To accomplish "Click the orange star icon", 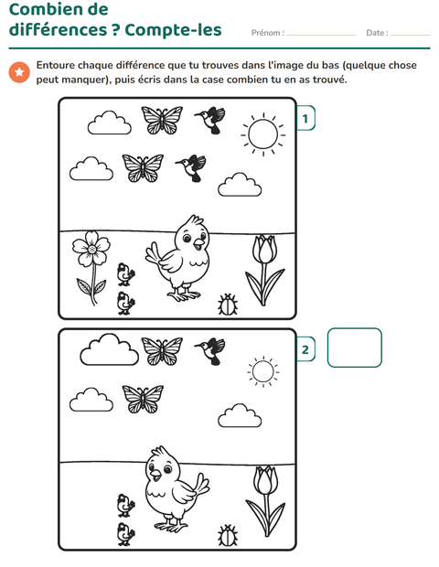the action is (19, 72).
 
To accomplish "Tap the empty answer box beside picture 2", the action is (354, 348).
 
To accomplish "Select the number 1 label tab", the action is (305, 118).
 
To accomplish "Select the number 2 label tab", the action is (305, 349).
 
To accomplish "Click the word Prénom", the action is (266, 33).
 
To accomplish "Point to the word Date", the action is (375, 33).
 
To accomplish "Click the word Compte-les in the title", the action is (173, 29).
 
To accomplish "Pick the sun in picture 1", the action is (263, 134).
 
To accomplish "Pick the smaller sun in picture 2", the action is (262, 371).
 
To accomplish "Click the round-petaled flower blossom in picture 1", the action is (91, 249).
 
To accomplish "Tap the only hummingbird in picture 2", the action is (210, 351).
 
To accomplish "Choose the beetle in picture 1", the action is (228, 305).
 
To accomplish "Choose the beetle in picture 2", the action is (228, 536).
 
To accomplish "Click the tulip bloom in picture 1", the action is (265, 249).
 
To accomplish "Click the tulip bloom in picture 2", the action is (266, 480).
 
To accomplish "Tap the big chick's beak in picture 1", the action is (198, 244).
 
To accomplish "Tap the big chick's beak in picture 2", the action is (155, 476).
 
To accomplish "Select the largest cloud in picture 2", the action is (109, 349).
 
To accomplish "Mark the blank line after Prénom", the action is (321, 35).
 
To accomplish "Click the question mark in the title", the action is (115, 29).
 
